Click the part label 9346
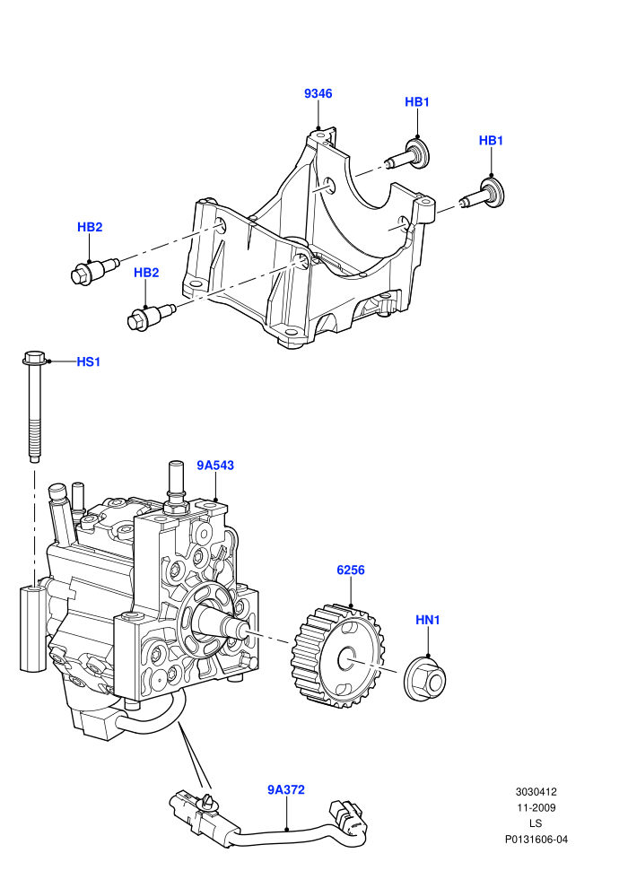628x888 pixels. pyautogui.click(x=318, y=93)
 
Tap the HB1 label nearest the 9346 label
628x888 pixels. pyautogui.click(x=417, y=102)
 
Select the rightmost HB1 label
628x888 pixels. pyautogui.click(x=491, y=141)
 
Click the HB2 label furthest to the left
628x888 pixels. pyautogui.click(x=90, y=227)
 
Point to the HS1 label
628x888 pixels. pyautogui.click(x=88, y=361)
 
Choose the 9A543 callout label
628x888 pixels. pyautogui.click(x=215, y=466)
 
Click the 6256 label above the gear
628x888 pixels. pyautogui.click(x=351, y=570)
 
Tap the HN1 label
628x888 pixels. pyautogui.click(x=428, y=620)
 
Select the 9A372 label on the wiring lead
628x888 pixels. pyautogui.click(x=286, y=789)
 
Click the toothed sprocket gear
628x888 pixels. pyautogui.click(x=337, y=657)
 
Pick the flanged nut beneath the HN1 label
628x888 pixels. pyautogui.click(x=425, y=677)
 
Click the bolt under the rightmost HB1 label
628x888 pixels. pyautogui.click(x=483, y=194)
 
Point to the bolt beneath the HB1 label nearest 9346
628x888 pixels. pyautogui.click(x=408, y=156)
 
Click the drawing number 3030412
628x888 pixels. pyautogui.click(x=536, y=792)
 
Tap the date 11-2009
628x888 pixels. pyautogui.click(x=536, y=808)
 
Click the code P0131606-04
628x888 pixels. pyautogui.click(x=536, y=840)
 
